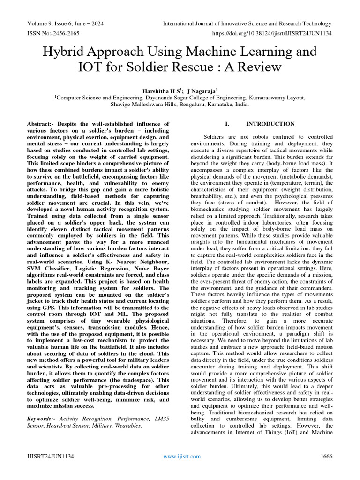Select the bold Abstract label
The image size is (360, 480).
tap(41, 124)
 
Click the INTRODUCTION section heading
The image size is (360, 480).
tap(270, 124)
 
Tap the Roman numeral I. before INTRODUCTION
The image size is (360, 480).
tap(227, 124)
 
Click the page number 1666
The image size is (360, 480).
tap(326, 456)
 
